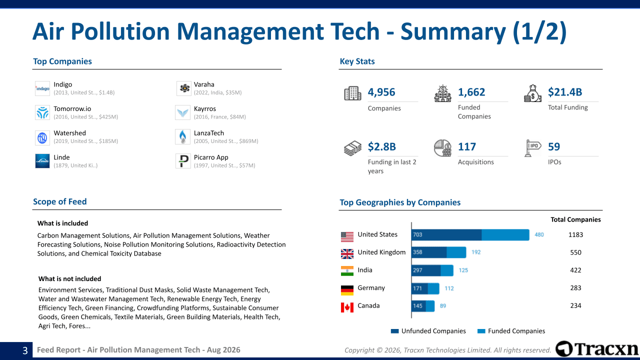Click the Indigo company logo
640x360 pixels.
pyautogui.click(x=42, y=88)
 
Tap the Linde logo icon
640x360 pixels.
pyautogui.click(x=42, y=161)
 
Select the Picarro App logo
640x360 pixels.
pyautogui.click(x=183, y=161)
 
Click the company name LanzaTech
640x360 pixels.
pyautogui.click(x=209, y=133)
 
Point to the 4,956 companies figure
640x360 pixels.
pyautogui.click(x=381, y=92)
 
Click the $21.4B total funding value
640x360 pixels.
pyautogui.click(x=565, y=92)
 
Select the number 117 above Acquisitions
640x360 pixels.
pyautogui.click(x=467, y=146)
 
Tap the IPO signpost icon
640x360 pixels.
pyautogui.click(x=532, y=148)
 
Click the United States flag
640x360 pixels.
pyautogui.click(x=347, y=237)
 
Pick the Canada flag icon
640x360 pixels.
pyautogui.click(x=347, y=307)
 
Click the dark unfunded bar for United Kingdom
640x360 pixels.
pyautogui.click(x=429, y=252)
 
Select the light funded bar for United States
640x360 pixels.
pyautogui.click(x=505, y=235)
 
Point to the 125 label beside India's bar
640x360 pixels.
pyautogui.click(x=463, y=270)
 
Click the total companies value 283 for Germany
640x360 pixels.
pyautogui.click(x=575, y=287)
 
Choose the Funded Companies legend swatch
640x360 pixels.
pyautogui.click(x=481, y=331)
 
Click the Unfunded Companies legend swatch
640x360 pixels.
pyautogui.click(x=394, y=331)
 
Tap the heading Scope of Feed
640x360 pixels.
pyautogui.click(x=59, y=201)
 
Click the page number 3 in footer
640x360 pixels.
pyautogui.click(x=25, y=350)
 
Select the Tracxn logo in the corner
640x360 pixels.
pyautogui.click(x=596, y=349)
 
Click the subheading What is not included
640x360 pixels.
pyautogui.click(x=69, y=279)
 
